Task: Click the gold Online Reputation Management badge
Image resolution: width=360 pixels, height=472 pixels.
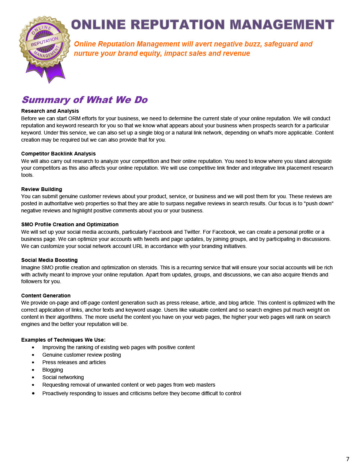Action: [45, 42]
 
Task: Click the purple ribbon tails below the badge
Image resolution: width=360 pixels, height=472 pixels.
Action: [46, 72]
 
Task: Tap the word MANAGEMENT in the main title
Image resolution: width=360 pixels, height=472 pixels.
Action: [282, 25]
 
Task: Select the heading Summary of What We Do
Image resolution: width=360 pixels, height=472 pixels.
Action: [85, 100]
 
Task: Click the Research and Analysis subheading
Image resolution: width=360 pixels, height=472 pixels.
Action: [50, 111]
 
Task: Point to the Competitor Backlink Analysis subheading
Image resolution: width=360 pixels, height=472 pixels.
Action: [58, 154]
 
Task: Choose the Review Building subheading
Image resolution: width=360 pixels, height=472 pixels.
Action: [42, 189]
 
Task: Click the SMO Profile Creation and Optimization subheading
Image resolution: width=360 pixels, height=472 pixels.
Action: [70, 224]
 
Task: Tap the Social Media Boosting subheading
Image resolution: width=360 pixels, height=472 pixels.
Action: [49, 260]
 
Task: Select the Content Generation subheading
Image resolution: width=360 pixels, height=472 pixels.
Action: [46, 296]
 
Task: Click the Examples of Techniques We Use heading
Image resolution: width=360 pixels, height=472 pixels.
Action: [63, 340]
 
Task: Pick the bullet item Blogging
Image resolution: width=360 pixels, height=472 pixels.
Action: [52, 370]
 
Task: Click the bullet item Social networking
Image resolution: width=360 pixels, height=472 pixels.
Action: [63, 377]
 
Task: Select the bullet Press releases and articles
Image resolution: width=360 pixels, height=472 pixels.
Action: [74, 362]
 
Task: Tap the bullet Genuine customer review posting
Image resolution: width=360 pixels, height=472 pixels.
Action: [81, 355]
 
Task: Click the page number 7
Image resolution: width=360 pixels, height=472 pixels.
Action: [348, 459]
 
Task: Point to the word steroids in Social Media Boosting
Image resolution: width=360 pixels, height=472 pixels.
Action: [148, 267]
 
